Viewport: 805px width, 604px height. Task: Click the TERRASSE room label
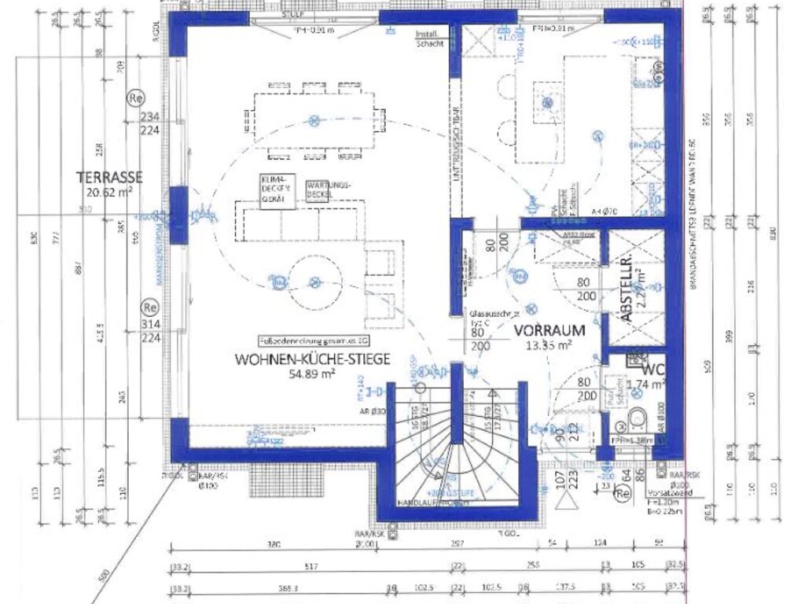pos(109,176)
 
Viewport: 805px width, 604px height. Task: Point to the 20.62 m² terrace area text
pos(109,190)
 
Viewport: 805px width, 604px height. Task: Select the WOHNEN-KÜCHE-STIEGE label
pos(312,359)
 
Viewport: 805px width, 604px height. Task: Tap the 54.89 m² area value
pos(312,374)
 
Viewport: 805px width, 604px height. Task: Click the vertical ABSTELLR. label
pos(627,289)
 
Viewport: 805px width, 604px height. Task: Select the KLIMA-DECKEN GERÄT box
pos(278,190)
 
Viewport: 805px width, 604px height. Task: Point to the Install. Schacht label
pos(431,39)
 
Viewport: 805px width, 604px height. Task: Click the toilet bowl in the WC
pos(638,416)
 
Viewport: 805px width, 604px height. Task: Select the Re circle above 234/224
pos(134,99)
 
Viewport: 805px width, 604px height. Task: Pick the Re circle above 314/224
pos(149,307)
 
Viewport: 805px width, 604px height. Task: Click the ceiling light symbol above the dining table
pos(314,120)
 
